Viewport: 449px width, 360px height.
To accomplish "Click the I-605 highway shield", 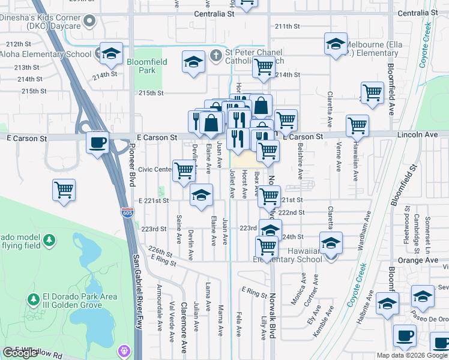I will (128, 215).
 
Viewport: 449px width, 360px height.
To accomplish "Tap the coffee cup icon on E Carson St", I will (97, 143).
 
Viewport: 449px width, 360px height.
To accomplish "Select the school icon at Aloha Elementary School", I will (111, 54).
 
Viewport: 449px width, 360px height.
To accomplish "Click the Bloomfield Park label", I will (141, 65).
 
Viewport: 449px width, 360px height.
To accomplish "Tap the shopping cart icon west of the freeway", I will (64, 190).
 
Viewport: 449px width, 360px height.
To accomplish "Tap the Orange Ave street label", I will (423, 260).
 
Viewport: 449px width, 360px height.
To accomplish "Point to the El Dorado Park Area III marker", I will (34, 298).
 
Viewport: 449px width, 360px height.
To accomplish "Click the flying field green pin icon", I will (50, 241).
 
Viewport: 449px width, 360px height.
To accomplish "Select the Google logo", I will (21, 353).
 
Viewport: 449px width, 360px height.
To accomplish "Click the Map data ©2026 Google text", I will (411, 355).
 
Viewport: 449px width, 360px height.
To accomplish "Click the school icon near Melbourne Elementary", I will (336, 44).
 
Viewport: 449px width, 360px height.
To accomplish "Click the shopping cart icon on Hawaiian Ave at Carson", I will (357, 126).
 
